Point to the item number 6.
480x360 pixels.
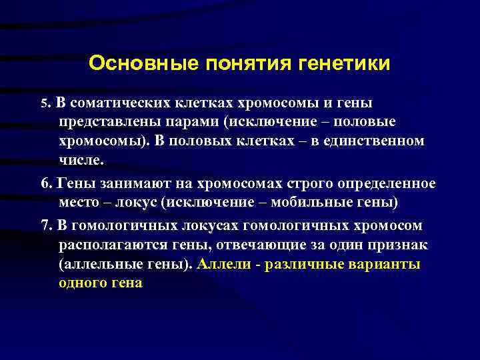45,183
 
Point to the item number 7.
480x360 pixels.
45,225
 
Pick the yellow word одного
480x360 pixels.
83,282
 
